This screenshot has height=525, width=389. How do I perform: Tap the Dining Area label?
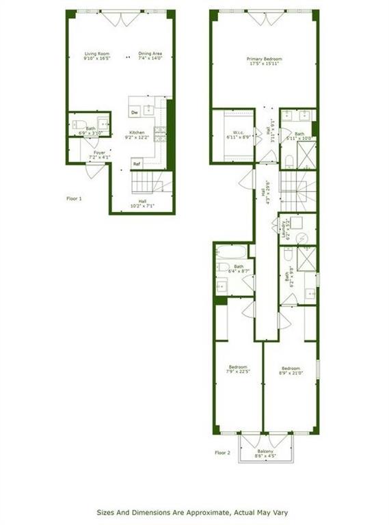coord(150,53)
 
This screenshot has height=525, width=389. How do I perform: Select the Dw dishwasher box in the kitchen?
coord(135,112)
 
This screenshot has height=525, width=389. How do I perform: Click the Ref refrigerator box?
coord(137,164)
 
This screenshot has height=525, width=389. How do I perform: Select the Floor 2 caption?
coord(223,453)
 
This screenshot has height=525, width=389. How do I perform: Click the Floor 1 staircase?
coord(146,183)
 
